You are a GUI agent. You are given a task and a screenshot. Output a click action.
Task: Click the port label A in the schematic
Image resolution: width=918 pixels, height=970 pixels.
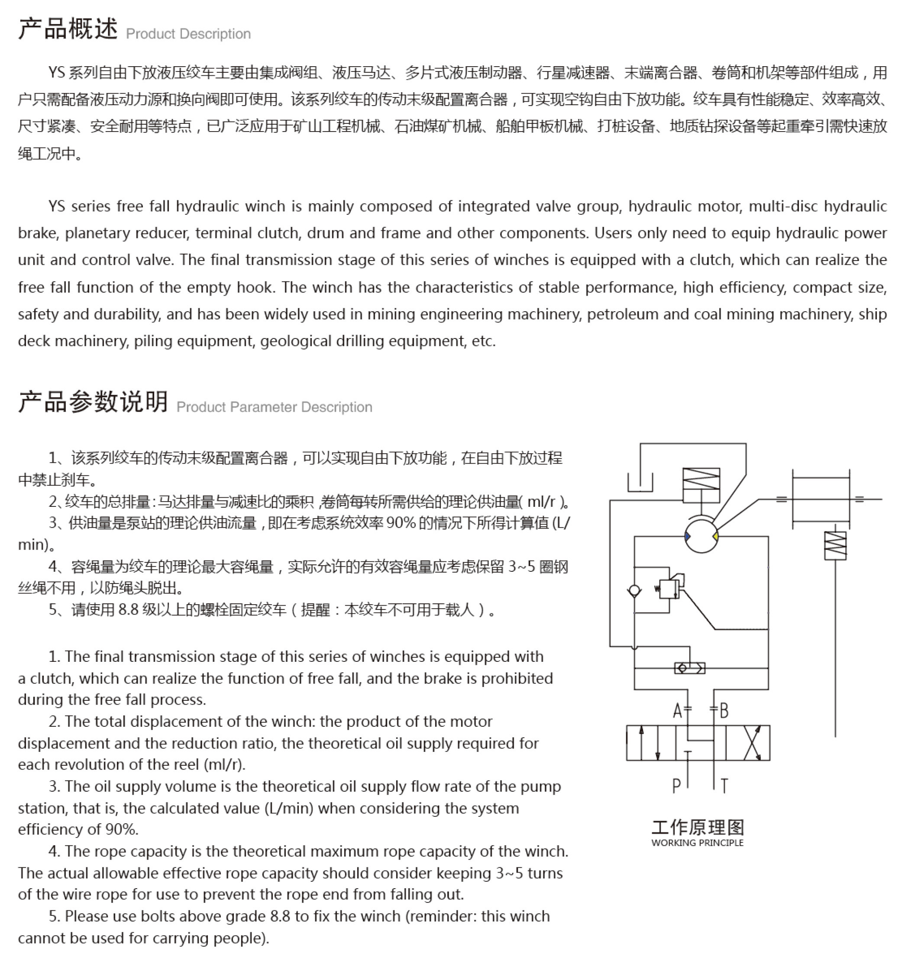coord(677,710)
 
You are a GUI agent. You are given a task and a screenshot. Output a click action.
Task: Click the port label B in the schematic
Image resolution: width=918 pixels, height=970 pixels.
coord(724,710)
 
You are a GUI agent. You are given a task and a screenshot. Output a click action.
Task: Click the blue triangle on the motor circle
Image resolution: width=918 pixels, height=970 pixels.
coord(688,537)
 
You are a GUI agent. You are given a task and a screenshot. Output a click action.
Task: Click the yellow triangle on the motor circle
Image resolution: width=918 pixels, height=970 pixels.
coord(715,537)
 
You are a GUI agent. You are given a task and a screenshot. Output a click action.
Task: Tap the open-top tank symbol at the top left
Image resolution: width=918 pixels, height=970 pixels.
coord(640,482)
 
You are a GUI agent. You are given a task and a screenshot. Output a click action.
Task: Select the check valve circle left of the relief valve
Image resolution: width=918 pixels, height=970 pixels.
coord(634,591)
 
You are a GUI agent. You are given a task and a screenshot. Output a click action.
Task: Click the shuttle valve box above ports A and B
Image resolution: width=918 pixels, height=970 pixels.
coord(689,668)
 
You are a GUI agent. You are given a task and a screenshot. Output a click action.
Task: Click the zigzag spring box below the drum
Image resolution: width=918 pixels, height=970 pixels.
coord(835,545)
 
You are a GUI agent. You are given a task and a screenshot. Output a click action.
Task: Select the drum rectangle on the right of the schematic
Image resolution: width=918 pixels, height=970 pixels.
coord(821,499)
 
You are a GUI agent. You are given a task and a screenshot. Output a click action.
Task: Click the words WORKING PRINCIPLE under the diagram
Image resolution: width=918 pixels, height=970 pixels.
coord(697,843)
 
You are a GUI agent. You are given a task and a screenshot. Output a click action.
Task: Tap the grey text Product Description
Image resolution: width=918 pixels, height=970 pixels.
coord(188,34)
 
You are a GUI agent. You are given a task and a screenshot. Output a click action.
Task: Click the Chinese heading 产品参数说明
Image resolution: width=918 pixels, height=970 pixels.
coord(93,402)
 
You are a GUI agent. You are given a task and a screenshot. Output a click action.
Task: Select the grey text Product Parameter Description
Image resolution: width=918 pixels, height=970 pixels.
coord(274,407)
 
